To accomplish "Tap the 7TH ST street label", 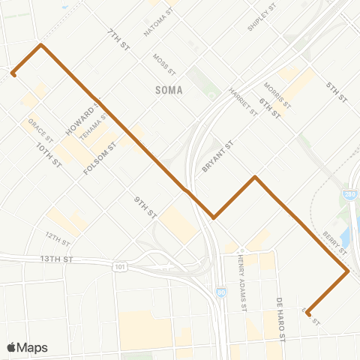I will click(x=118, y=39).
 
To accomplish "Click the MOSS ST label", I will click(x=163, y=64).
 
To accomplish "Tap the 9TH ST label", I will click(x=145, y=207).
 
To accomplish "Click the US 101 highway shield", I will click(x=120, y=266).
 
